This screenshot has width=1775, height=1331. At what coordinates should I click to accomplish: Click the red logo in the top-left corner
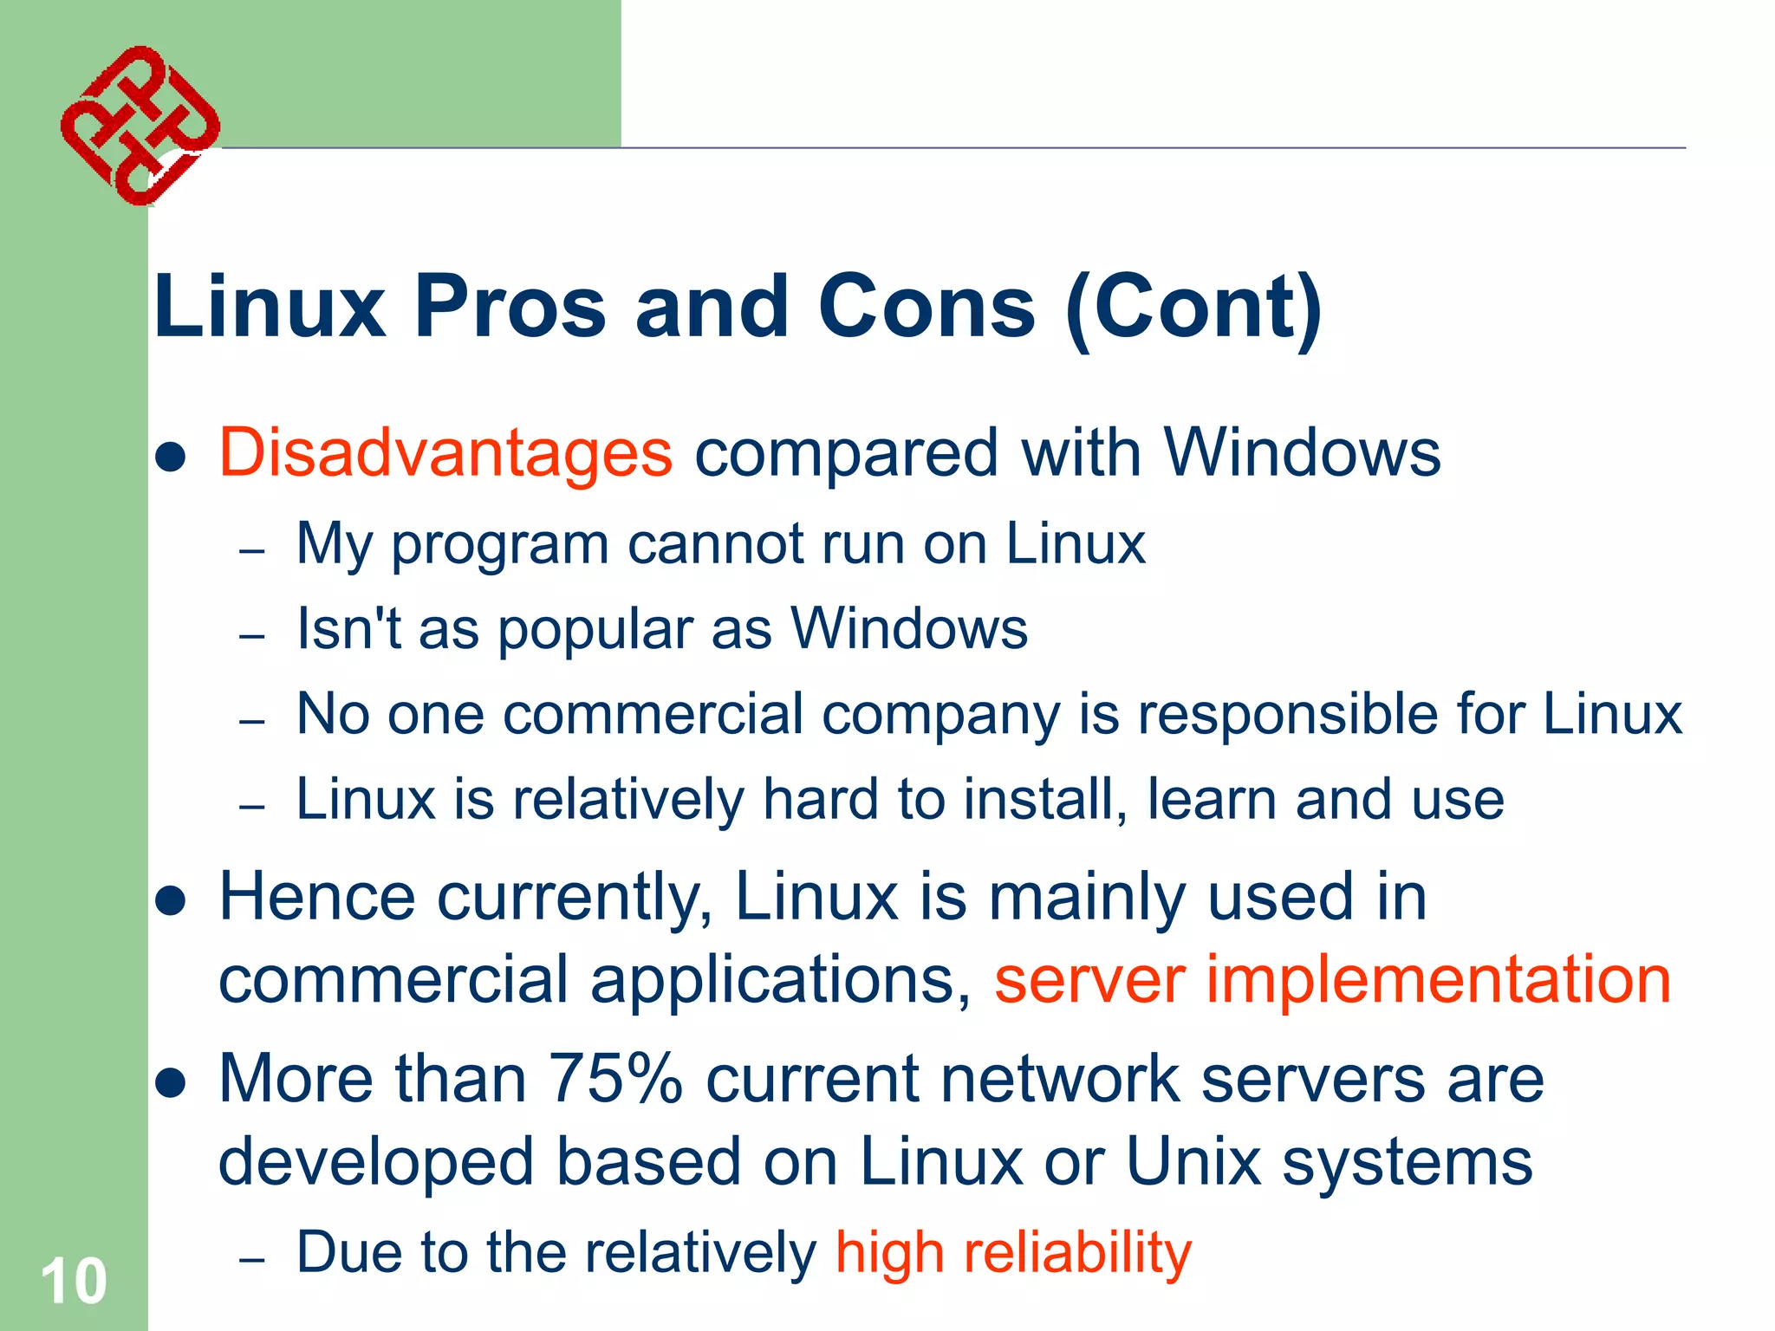[140, 126]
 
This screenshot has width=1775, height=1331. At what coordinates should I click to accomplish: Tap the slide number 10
[74, 1281]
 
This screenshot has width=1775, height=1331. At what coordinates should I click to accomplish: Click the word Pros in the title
[510, 307]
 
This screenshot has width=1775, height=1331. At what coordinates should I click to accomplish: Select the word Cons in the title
[927, 307]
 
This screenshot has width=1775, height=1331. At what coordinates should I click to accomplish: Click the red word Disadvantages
[445, 452]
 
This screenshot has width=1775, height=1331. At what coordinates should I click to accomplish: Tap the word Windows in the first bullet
[1302, 452]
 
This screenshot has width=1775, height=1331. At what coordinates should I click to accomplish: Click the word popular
[595, 629]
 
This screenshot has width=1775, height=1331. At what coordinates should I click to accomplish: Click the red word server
[1089, 980]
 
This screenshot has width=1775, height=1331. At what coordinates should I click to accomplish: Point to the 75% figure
[615, 1079]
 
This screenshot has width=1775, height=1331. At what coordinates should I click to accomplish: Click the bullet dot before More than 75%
[172, 1082]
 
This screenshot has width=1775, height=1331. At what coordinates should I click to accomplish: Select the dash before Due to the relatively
[251, 1259]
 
